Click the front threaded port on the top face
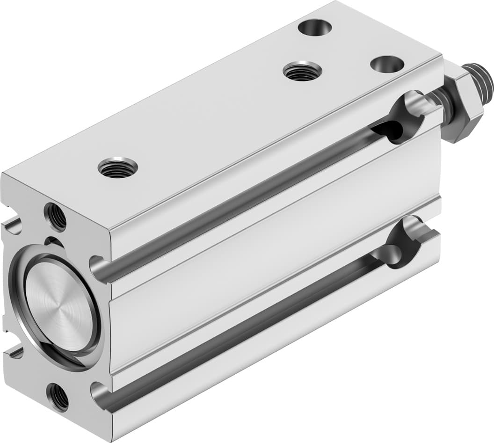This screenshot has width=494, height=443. point(118,168)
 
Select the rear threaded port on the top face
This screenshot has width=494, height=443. point(302,71)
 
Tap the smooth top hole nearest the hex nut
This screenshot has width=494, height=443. point(387,64)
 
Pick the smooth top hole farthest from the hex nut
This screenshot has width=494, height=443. point(314,27)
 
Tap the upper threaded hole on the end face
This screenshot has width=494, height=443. point(55,217)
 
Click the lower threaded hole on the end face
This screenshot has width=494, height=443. point(58,396)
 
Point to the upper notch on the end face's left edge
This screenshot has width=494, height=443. point(13,226)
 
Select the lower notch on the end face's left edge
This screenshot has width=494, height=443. point(14,352)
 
